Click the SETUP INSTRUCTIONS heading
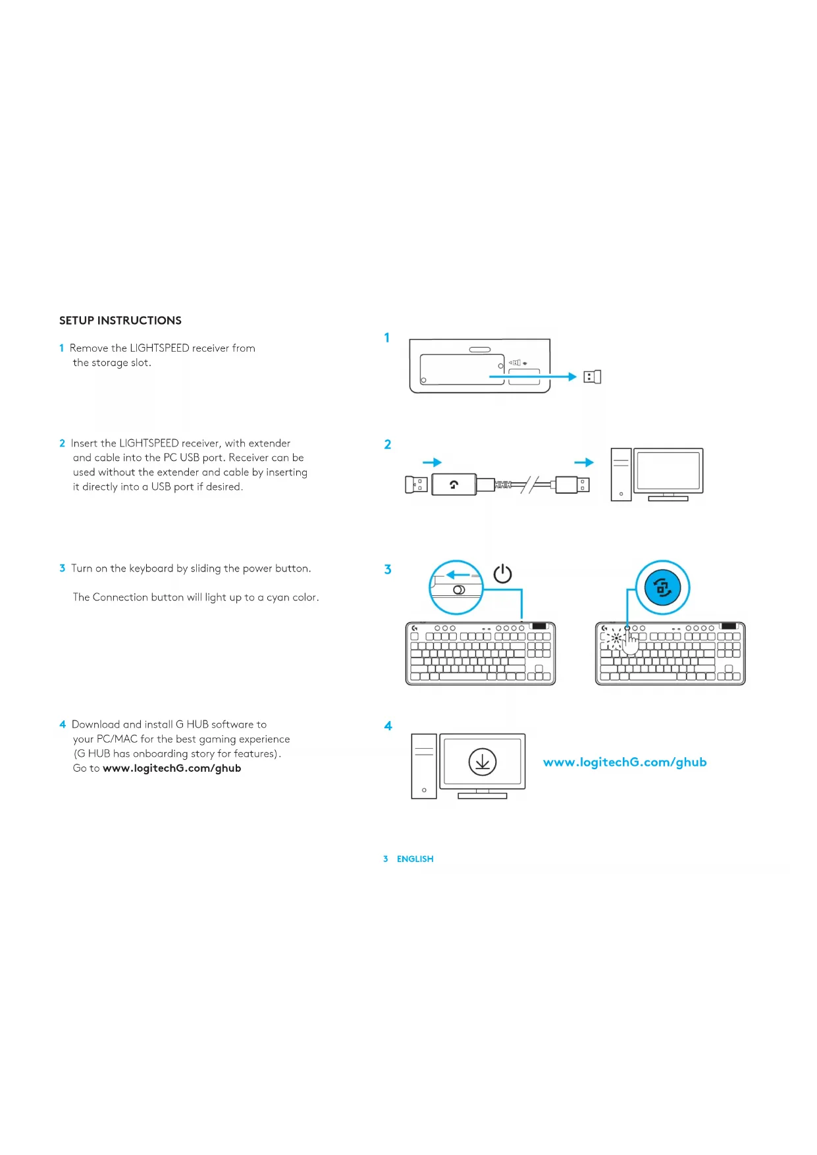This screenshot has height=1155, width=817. coord(120,321)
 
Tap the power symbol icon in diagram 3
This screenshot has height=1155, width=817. coord(502,574)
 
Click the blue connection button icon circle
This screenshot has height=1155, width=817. coord(662,587)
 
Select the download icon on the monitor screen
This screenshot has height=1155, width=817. coord(482,762)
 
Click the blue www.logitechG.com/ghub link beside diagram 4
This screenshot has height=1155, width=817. coord(625,762)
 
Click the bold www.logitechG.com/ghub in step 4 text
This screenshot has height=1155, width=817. coord(172,768)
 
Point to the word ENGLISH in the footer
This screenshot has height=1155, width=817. coord(415,859)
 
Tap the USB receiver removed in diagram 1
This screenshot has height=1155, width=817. coord(593,377)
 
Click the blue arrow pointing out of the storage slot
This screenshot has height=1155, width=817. coord(533,377)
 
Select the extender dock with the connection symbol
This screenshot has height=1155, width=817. coord(454,485)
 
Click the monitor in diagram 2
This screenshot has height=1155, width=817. coord(668,474)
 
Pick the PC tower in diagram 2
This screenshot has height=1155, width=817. coord(621,474)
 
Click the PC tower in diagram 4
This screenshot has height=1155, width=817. coord(424,766)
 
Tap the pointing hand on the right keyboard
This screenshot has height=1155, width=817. coord(630,641)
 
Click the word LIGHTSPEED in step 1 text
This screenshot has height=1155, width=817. coord(159,348)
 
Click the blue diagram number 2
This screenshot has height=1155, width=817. coord(388,444)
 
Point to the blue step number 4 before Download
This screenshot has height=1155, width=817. coord(63,724)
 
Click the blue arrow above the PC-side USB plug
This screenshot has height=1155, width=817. coord(584,462)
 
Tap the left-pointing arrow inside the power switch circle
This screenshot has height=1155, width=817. coord(458,575)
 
